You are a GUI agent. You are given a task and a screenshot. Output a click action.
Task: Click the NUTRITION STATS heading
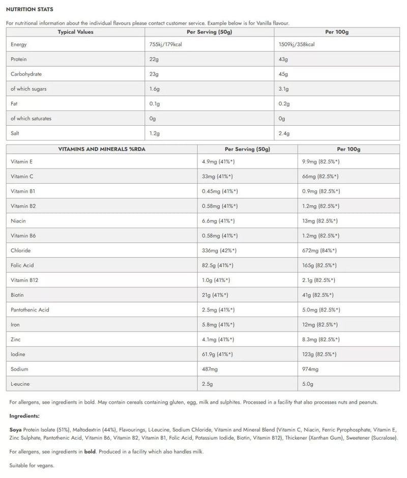tap(30, 10)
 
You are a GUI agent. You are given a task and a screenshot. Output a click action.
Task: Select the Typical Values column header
tap(75, 32)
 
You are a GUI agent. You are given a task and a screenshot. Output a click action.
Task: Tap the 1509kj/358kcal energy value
tap(297, 45)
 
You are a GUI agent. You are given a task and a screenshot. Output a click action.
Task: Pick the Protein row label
tap(19, 60)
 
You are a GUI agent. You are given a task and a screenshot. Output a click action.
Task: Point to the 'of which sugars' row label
tap(28, 89)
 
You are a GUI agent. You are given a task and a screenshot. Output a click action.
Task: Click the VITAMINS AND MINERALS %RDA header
tap(102, 150)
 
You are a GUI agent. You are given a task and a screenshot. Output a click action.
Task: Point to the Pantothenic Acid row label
tap(30, 310)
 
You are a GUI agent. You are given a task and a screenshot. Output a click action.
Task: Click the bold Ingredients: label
tap(24, 416)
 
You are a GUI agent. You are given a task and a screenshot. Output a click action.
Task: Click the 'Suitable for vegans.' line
tap(32, 465)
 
